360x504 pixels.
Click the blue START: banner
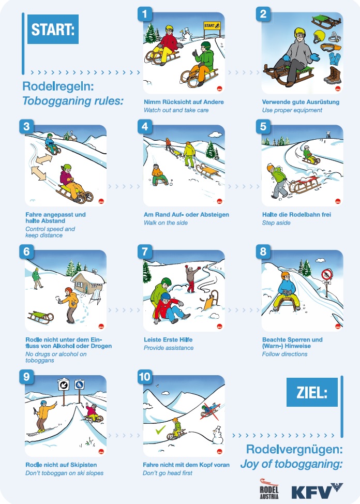[53, 29]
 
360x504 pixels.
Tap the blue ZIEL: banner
[312, 392]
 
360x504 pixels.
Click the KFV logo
[317, 491]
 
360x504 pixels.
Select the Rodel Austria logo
[269, 489]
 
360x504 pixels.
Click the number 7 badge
[145, 251]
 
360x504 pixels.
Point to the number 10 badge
[145, 376]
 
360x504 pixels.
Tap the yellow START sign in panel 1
[212, 25]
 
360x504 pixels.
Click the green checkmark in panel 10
[160, 429]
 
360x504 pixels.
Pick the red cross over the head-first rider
[210, 411]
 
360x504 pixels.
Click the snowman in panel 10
[218, 435]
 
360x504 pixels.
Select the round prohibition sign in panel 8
[327, 274]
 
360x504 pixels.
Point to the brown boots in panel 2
[333, 76]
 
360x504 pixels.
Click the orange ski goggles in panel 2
[331, 47]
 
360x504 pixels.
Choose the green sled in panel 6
[40, 317]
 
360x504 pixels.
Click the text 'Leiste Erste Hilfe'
[168, 339]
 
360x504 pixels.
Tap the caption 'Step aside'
[276, 223]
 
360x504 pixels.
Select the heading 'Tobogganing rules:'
[73, 101]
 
